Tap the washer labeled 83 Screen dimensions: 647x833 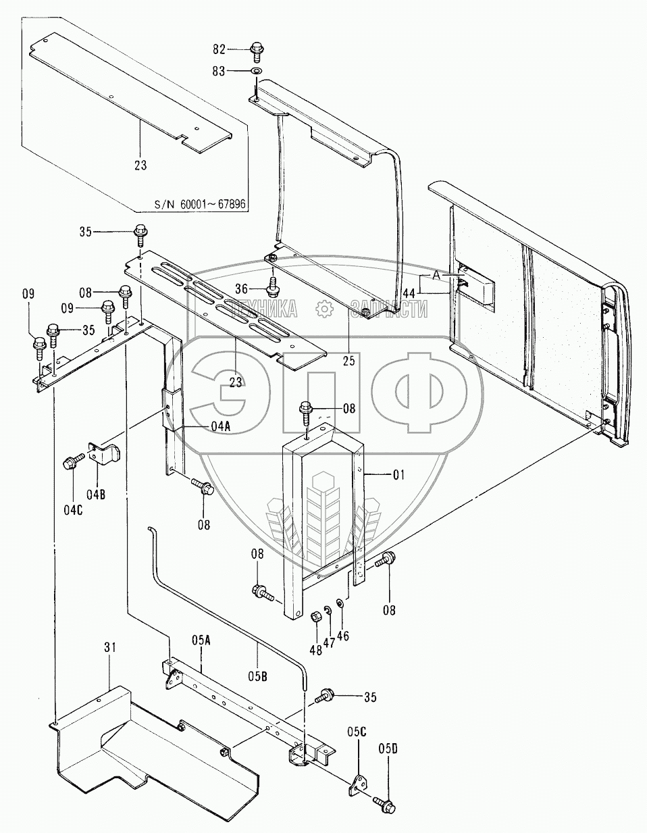[x=255, y=71]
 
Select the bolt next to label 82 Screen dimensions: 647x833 [x=256, y=53]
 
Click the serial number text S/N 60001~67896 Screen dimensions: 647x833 [x=200, y=204]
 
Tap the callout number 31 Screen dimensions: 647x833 [x=109, y=647]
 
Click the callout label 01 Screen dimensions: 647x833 [x=398, y=475]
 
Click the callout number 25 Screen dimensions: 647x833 [x=349, y=361]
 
